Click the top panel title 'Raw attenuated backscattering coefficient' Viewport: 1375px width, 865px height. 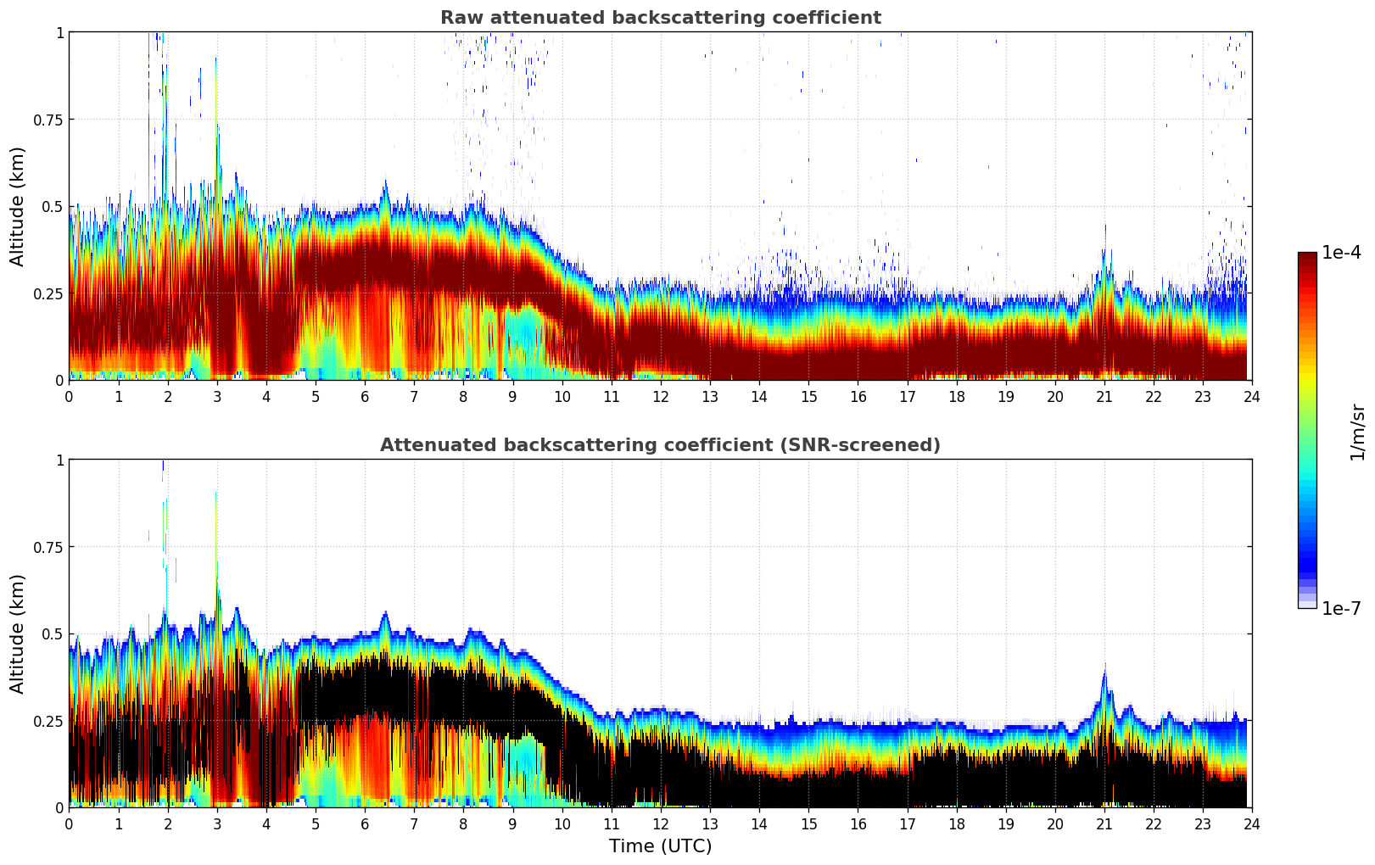pos(660,18)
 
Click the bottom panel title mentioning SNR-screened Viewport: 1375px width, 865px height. pos(660,445)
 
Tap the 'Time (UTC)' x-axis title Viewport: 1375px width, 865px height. pos(660,846)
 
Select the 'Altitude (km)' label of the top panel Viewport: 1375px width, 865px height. pos(18,206)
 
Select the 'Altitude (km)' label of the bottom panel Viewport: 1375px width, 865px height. pos(18,633)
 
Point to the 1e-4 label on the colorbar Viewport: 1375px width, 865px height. pos(1341,253)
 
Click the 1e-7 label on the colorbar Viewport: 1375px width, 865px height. pos(1341,608)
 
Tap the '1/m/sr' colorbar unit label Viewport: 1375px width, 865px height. pos(1357,432)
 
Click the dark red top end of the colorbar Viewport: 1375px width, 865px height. pos(1306,256)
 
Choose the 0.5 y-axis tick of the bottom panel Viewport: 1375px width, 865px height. pos(53,633)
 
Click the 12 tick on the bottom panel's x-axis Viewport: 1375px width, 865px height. pos(660,823)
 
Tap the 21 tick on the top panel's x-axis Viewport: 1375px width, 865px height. pos(1104,396)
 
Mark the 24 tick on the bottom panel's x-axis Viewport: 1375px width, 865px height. pos(1251,823)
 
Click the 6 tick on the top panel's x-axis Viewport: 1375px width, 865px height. pos(365,396)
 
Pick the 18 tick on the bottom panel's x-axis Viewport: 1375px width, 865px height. pos(956,823)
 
